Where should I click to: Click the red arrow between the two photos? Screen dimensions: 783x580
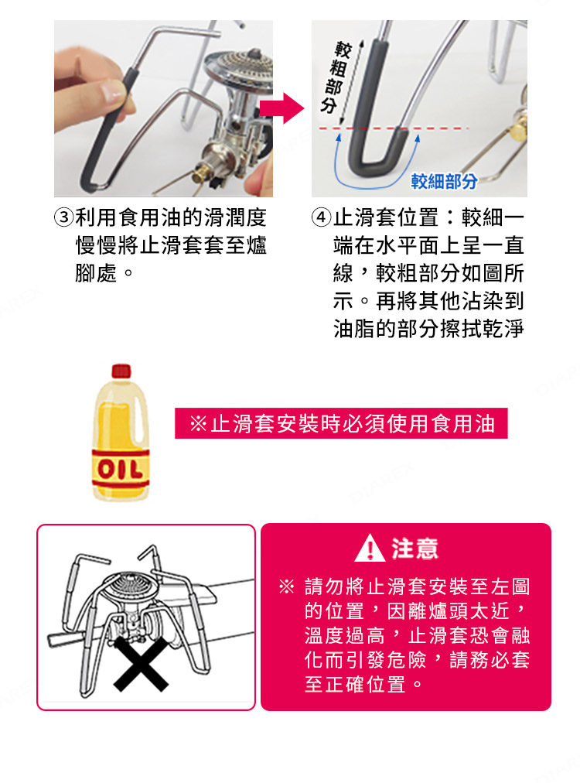click(283, 108)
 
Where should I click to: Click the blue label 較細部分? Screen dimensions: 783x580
click(444, 182)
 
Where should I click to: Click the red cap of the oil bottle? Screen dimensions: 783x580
click(121, 371)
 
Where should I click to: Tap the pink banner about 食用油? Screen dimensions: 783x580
click(341, 423)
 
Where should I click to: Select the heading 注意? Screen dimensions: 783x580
click(415, 549)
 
